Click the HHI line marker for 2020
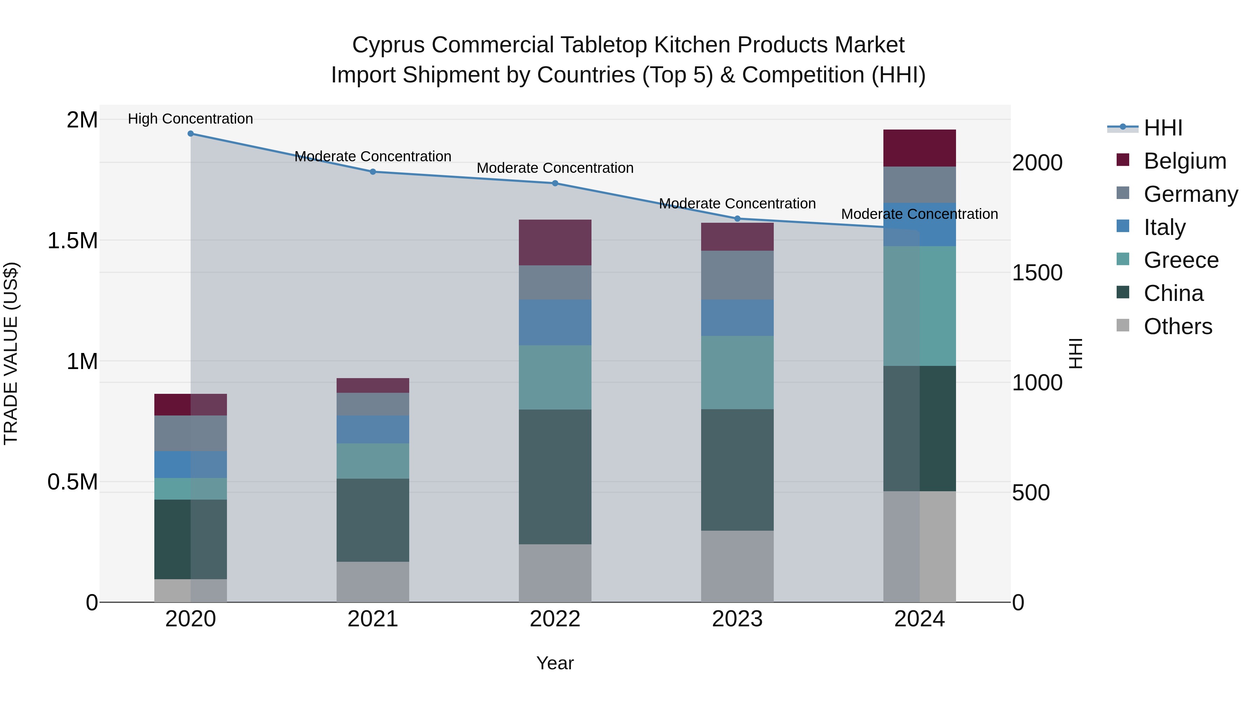(x=190, y=134)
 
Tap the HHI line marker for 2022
(x=555, y=183)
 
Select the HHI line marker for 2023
(x=737, y=219)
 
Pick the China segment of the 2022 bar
(x=555, y=476)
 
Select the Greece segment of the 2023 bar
(x=737, y=372)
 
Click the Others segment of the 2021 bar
(x=373, y=582)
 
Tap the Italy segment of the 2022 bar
(x=555, y=323)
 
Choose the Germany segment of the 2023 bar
(x=737, y=275)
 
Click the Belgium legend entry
(x=1185, y=161)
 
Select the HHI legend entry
(x=1163, y=128)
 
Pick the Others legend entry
(x=1177, y=326)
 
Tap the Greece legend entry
(x=1181, y=260)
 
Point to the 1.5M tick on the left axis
(x=72, y=241)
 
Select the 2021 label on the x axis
(x=373, y=619)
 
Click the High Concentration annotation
(x=190, y=119)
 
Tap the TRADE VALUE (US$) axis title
(x=11, y=353)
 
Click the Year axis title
(x=555, y=663)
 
